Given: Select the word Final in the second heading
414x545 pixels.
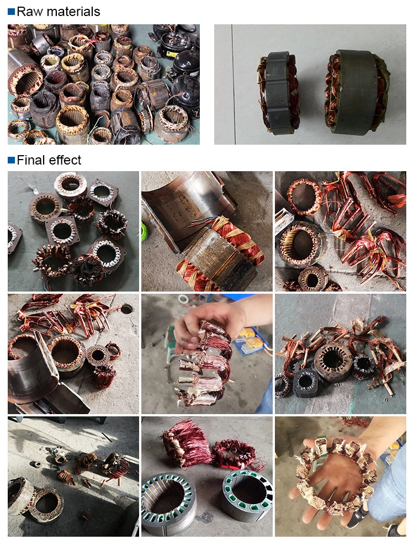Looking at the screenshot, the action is [30, 160].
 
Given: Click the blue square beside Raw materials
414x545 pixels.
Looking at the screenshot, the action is [11, 12].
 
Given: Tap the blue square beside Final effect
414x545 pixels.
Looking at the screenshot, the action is [11, 160].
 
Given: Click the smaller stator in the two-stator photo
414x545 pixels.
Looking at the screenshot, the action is [278, 93].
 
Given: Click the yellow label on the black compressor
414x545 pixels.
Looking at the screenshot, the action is [172, 54].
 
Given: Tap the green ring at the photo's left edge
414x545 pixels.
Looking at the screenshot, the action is [144, 231].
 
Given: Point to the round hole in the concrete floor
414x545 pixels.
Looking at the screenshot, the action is [126, 309].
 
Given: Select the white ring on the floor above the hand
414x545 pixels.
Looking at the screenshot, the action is [183, 299].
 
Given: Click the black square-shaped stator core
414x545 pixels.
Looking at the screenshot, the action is [306, 382].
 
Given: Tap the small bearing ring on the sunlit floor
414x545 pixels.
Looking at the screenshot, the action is [35, 464].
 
